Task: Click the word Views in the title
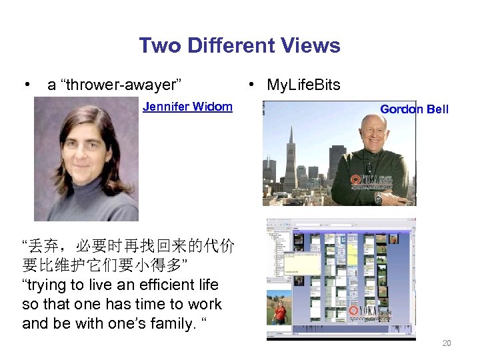[309, 46]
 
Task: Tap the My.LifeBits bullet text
[303, 85]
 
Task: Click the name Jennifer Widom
[187, 107]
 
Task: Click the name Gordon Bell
[414, 109]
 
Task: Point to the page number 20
[447, 343]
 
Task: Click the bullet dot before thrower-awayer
[26, 85]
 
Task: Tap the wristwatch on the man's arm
[378, 199]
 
